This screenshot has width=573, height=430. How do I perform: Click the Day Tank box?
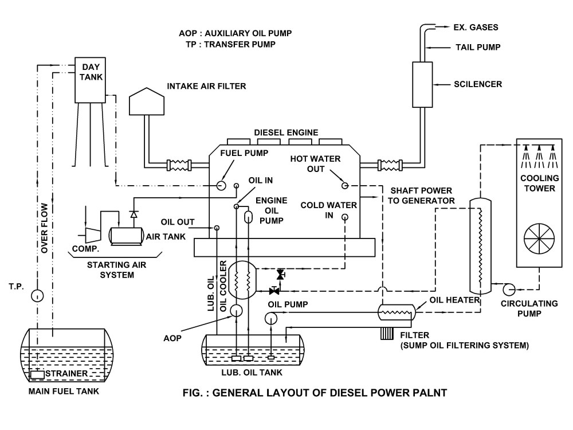tap(91, 77)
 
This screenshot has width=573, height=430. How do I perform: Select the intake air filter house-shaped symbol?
tap(147, 101)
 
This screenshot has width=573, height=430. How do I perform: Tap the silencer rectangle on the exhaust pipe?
tap(422, 84)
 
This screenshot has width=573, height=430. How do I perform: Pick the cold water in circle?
tap(345, 217)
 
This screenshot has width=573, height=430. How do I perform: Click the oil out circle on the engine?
tap(217, 228)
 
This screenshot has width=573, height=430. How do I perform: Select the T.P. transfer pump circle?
tap(37, 296)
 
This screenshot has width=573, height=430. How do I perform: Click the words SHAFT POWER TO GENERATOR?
tap(422, 196)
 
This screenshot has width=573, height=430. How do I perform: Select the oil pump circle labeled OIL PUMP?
tap(271, 317)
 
